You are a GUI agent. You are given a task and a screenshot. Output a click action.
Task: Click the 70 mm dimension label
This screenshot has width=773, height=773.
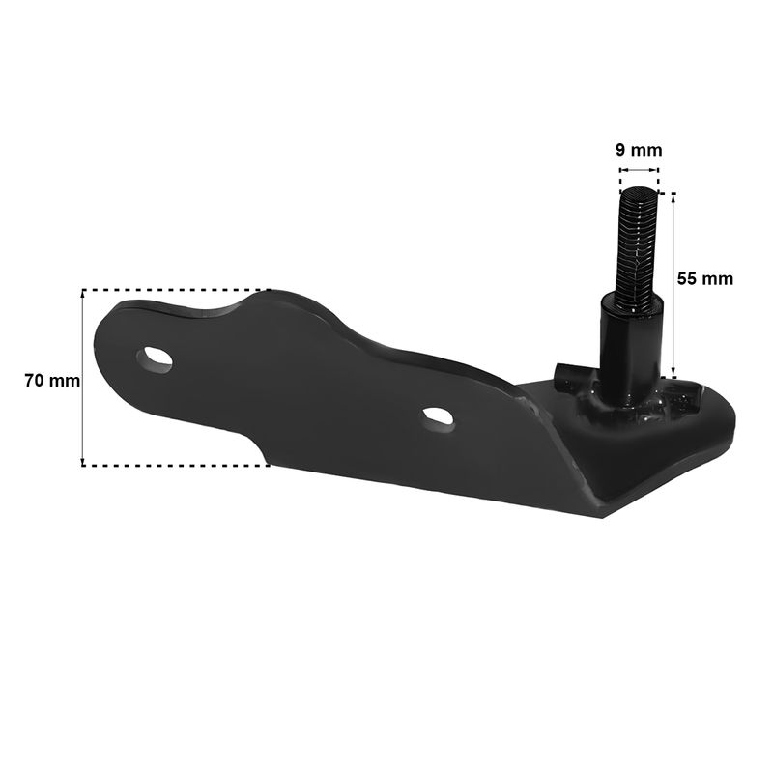click(52, 381)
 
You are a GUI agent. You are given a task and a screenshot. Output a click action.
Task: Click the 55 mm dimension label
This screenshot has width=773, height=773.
click(705, 278)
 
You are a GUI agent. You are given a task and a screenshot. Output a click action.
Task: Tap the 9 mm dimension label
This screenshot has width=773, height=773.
click(639, 150)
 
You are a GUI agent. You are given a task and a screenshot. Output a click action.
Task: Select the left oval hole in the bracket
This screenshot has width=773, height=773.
click(155, 359)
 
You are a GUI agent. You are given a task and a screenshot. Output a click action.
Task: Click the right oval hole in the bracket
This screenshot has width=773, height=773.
click(438, 419)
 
